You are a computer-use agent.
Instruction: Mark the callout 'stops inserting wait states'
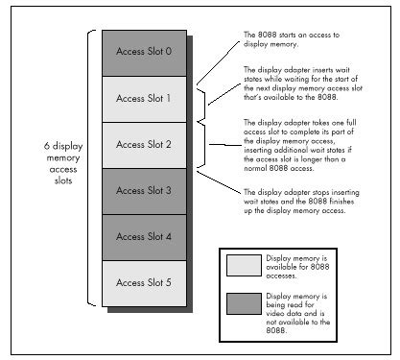click(x=308, y=204)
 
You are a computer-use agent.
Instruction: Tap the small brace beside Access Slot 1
click(x=202, y=97)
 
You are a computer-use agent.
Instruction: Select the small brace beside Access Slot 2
click(x=202, y=144)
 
